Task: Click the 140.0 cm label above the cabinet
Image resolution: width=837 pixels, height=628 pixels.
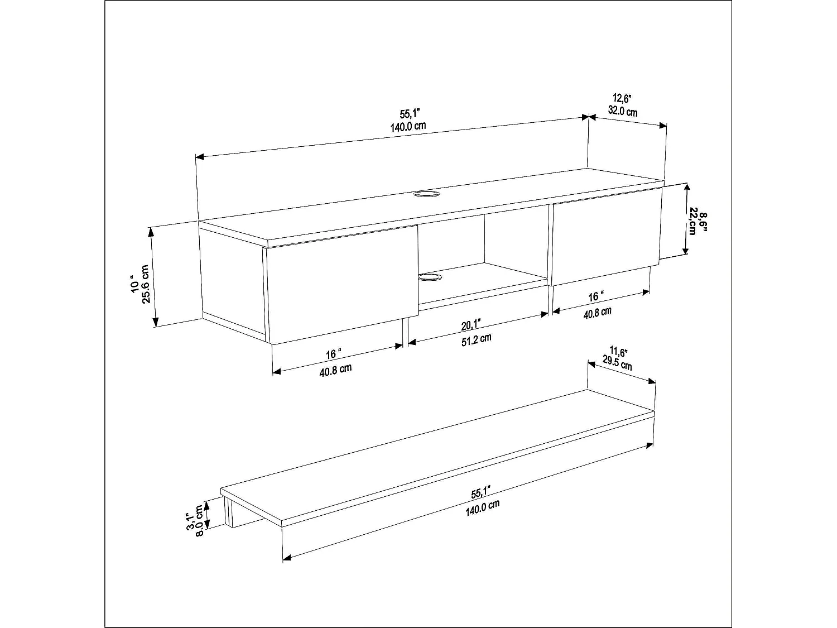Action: (x=408, y=126)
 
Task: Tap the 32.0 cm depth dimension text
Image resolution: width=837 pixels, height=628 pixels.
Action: (x=622, y=111)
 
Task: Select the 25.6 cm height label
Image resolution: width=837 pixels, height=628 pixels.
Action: (x=146, y=284)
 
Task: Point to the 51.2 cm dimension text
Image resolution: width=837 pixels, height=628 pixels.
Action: (x=476, y=339)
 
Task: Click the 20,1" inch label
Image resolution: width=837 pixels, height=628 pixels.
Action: (x=472, y=325)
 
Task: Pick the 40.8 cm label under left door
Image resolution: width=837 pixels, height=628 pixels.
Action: (x=335, y=369)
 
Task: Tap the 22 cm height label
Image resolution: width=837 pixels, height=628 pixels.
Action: (x=692, y=221)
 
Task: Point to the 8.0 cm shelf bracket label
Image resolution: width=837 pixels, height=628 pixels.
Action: (x=199, y=519)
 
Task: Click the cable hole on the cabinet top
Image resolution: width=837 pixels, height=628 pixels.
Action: (x=427, y=194)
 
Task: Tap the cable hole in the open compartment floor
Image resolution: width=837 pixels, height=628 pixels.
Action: (x=431, y=277)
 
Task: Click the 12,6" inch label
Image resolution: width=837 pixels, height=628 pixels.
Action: (x=620, y=99)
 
